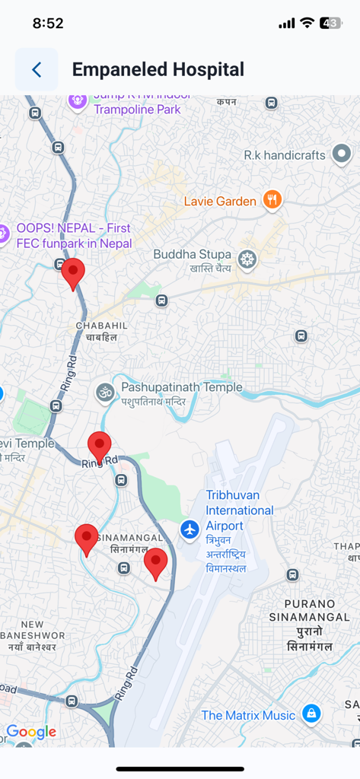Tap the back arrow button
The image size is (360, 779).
coord(37,70)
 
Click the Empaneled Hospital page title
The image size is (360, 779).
coord(158,70)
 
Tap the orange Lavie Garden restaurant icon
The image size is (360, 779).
coord(272,200)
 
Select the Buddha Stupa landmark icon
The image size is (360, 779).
coord(247,259)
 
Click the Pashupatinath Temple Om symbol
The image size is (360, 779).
coord(104,393)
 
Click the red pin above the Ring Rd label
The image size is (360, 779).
coord(100,446)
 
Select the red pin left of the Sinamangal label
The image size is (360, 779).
coord(87,539)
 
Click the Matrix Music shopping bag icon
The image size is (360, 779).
coord(311,714)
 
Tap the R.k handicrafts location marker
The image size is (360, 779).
coord(342,154)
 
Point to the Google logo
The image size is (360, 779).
coord(31,732)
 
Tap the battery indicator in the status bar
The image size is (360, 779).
coord(330,23)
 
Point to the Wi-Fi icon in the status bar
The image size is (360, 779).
coord(307,23)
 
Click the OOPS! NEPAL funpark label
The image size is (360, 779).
coord(73,235)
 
